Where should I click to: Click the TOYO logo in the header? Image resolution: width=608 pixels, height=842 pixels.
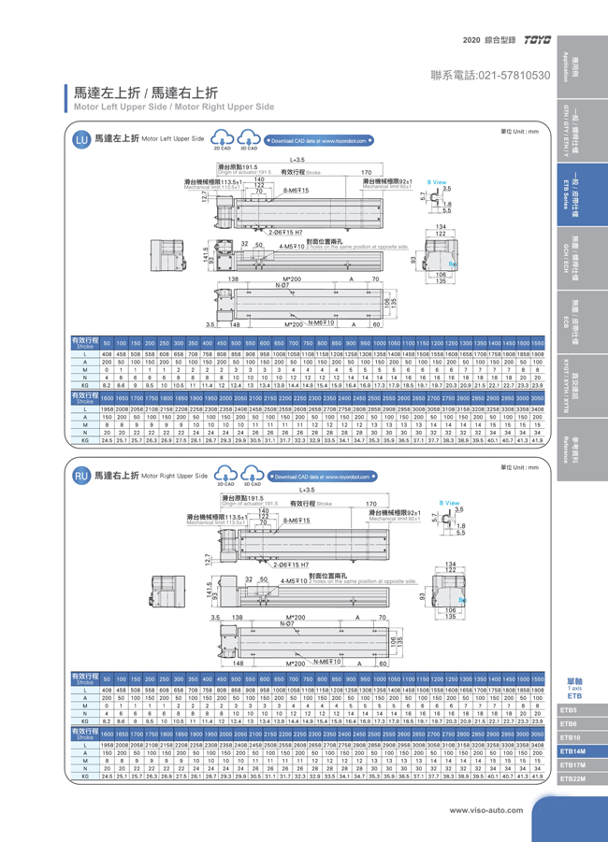click(540, 41)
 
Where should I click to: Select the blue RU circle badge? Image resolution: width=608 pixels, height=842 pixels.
click(80, 476)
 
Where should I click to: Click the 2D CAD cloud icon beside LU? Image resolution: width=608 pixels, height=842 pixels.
click(223, 138)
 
